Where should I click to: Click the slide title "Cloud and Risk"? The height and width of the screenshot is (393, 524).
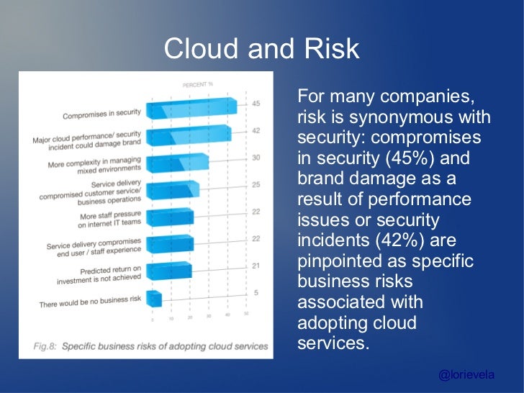click(x=261, y=49)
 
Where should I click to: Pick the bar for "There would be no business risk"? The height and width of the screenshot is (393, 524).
click(x=154, y=299)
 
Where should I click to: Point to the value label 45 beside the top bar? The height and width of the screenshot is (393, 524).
click(x=256, y=104)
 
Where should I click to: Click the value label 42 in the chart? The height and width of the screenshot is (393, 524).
click(x=256, y=130)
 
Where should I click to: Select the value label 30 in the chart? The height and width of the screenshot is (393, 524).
click(x=256, y=158)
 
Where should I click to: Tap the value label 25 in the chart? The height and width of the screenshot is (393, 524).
click(x=256, y=185)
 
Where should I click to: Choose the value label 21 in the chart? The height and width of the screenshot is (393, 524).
click(x=256, y=266)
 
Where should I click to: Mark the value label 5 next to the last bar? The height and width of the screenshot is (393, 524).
click(x=256, y=293)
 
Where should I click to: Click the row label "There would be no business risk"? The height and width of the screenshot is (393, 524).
click(x=90, y=304)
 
